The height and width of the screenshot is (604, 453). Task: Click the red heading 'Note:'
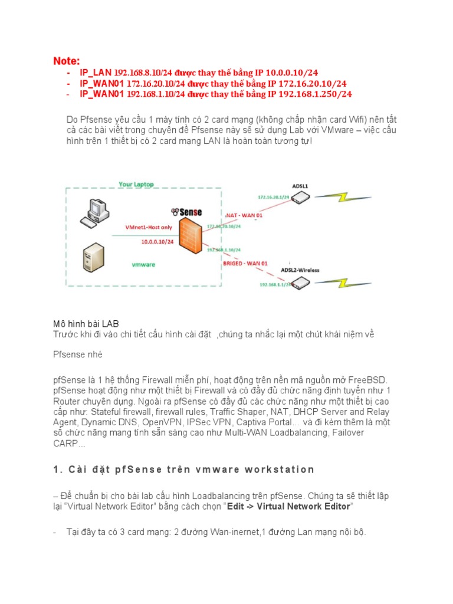point(66,61)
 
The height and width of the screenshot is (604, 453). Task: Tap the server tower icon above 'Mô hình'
point(93,261)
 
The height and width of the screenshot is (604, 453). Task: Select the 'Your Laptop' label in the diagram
point(136,185)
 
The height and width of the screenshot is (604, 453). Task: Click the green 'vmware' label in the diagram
point(143,265)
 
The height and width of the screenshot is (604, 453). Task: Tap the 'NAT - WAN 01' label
point(243,215)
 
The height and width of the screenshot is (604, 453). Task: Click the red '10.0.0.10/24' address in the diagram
point(157,241)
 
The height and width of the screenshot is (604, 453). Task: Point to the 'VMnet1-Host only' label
point(150,226)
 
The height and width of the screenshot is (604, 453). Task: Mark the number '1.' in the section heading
point(57,470)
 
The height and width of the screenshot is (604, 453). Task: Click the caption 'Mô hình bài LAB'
point(86,324)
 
